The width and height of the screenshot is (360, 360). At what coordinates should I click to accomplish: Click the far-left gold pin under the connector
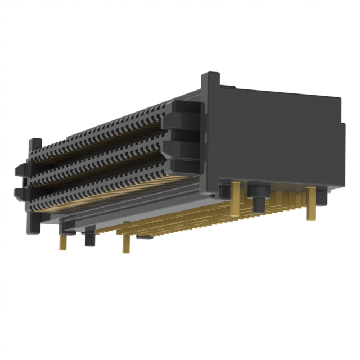point(63,242)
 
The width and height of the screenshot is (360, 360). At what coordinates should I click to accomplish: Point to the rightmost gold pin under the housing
point(310,204)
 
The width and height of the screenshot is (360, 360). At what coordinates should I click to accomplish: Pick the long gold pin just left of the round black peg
point(237,197)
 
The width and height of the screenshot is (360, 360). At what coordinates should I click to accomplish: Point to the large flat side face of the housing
point(276,141)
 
